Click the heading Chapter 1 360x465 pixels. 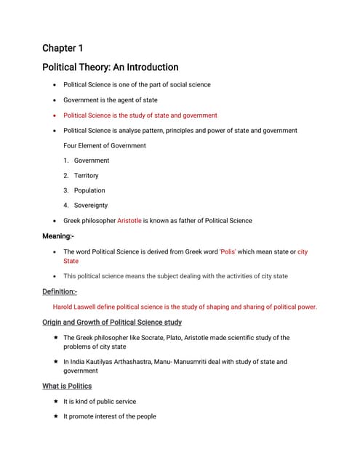tap(63, 48)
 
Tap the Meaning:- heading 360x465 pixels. tap(58, 236)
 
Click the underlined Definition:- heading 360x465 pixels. tap(60, 291)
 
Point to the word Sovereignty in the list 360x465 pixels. tap(91, 206)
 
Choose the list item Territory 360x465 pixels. tap(86, 176)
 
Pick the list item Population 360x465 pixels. tap(89, 190)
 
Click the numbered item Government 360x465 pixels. tap(92, 161)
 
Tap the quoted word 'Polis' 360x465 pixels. tap(231, 252)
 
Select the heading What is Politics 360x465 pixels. tap(67, 386)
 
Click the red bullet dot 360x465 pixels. tap(55, 116)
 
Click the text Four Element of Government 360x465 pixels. tap(105, 145)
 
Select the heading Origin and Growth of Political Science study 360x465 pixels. tap(112, 322)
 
